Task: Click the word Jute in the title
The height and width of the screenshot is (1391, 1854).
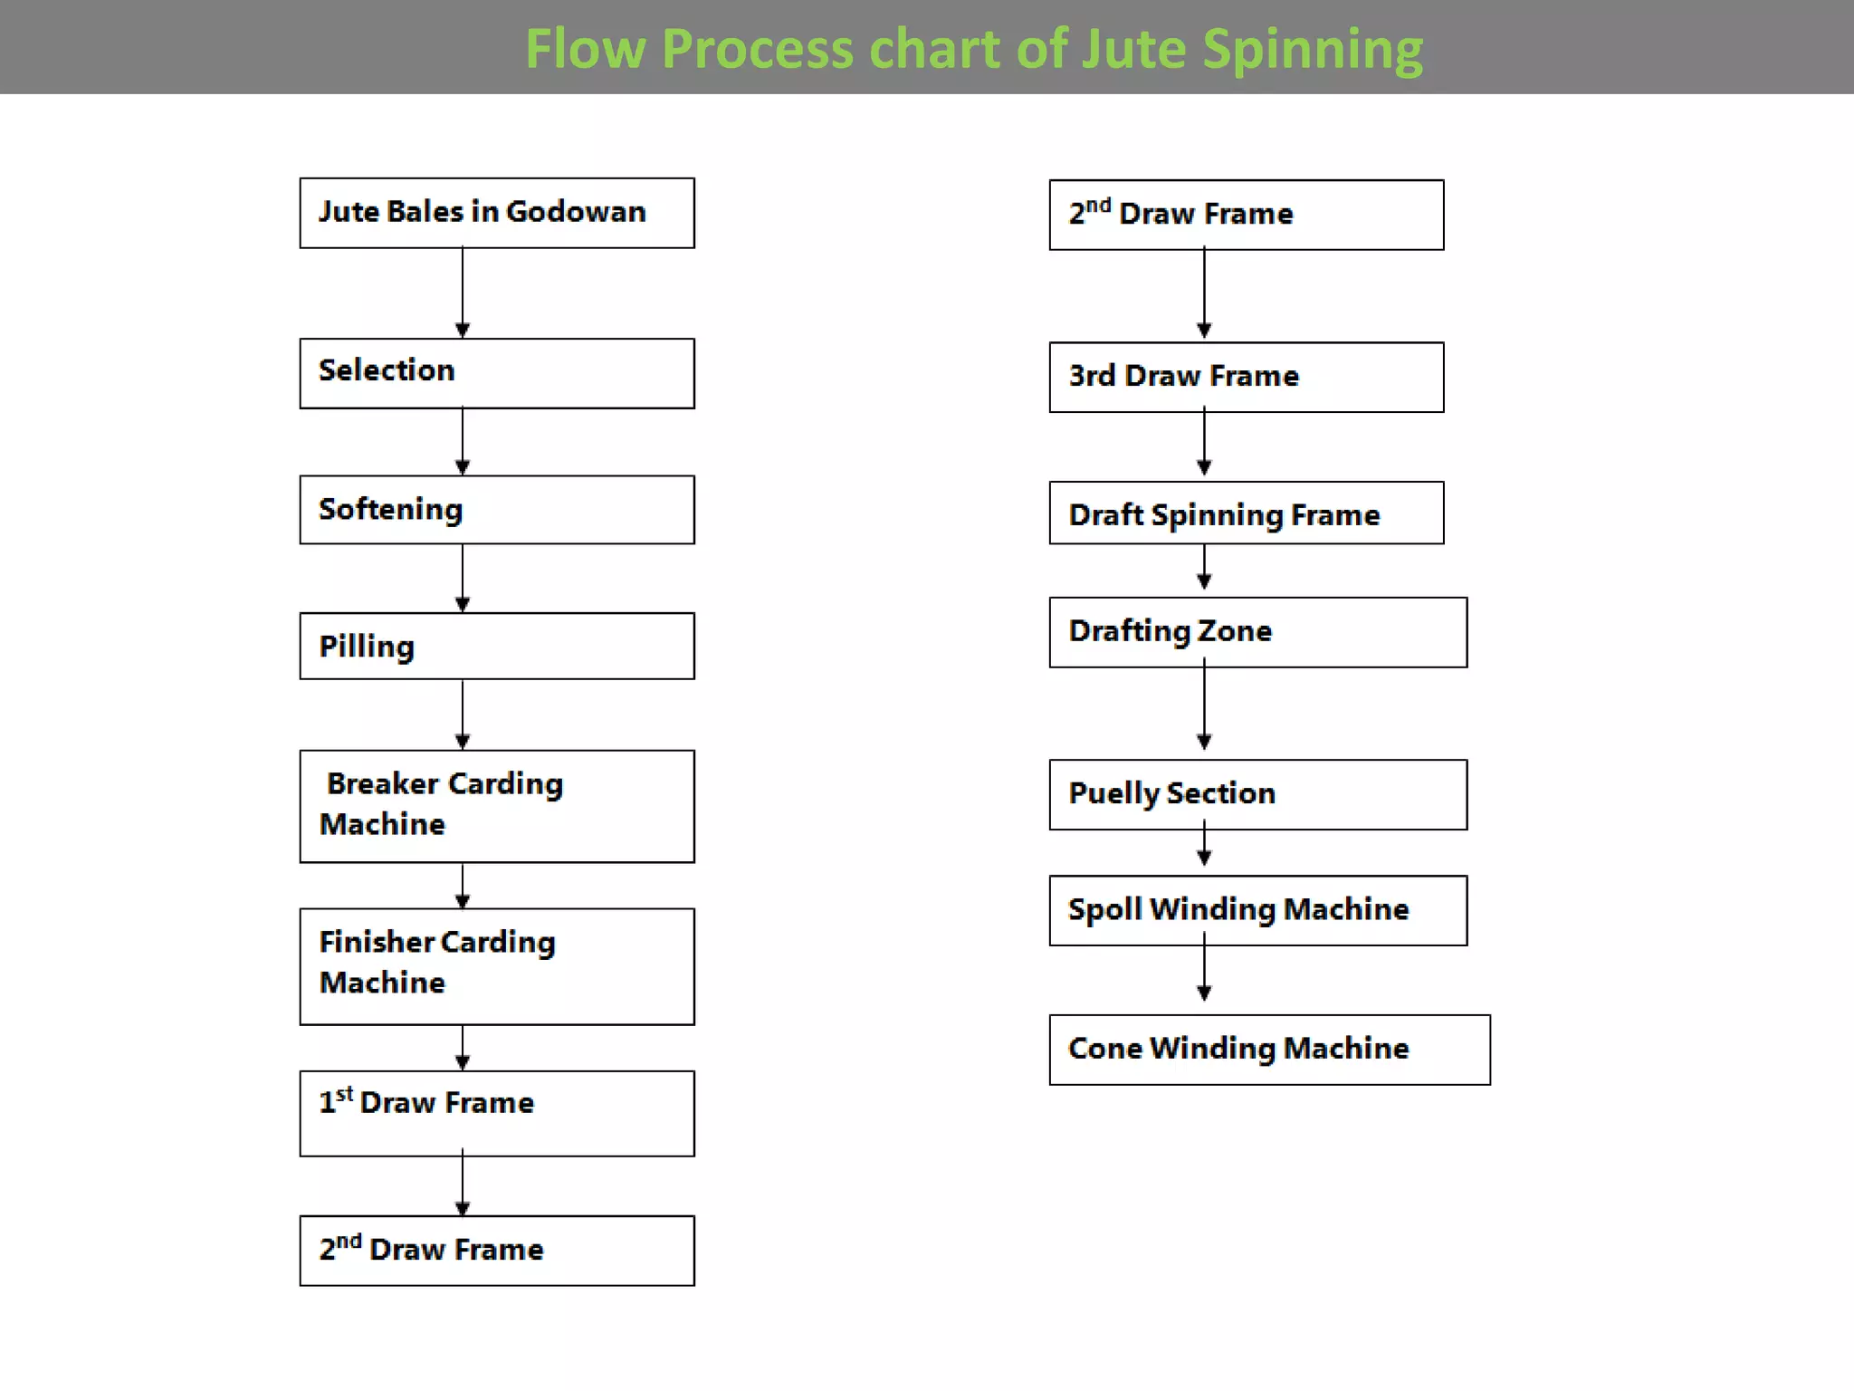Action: pos(1133,49)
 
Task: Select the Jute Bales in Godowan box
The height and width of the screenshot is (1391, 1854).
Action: pos(497,213)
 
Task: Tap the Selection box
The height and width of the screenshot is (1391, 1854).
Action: pos(497,373)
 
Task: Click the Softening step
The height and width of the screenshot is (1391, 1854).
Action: pos(497,510)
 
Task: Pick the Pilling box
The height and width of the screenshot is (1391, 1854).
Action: pos(497,647)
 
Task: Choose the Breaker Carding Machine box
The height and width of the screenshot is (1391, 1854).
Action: pos(497,806)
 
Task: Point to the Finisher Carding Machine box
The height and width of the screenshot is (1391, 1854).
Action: pos(497,966)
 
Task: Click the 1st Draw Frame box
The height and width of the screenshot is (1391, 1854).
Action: pos(497,1113)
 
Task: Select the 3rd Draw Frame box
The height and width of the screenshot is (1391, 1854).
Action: pos(1247,377)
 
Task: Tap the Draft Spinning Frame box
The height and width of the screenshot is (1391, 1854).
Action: pos(1247,513)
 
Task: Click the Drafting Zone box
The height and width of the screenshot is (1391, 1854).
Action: pos(1258,632)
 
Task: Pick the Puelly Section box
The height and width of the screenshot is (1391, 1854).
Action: pos(1258,794)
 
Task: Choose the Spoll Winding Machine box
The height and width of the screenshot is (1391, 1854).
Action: pos(1258,910)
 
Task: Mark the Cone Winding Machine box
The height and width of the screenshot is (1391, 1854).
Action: pos(1269,1050)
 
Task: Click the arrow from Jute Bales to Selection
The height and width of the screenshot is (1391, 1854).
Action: pos(463,293)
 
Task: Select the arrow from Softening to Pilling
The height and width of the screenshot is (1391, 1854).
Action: pos(463,578)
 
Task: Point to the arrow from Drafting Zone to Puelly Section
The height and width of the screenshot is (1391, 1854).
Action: pos(1204,708)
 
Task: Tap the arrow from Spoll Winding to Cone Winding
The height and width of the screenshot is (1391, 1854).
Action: pos(1204,974)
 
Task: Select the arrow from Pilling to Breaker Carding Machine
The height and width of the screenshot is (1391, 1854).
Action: pos(463,715)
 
